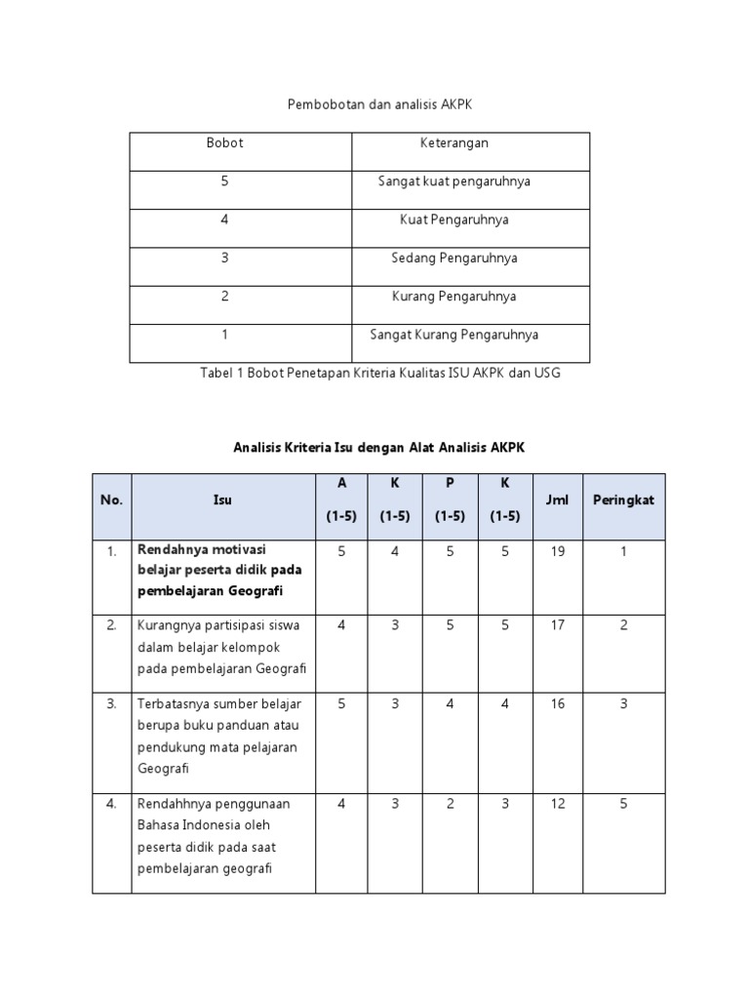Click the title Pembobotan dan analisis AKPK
[x=380, y=103]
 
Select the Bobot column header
[x=224, y=143]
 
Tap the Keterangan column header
[x=453, y=143]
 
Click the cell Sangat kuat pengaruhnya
[x=453, y=181]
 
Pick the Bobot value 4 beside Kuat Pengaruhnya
[x=224, y=220]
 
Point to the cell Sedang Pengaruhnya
[x=453, y=258]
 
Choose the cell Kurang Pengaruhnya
[x=453, y=296]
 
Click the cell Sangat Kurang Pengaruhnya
[x=453, y=335]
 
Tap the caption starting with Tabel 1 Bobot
[x=380, y=372]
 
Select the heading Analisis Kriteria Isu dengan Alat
[x=379, y=447]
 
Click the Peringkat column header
[x=623, y=499]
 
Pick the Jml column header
[x=557, y=499]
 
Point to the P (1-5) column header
[x=450, y=499]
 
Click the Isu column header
[x=222, y=499]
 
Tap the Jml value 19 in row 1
[x=557, y=551]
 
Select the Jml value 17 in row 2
[x=557, y=625]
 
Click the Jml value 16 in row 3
[x=557, y=703]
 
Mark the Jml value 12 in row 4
[x=557, y=804]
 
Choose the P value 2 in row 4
[x=450, y=804]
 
